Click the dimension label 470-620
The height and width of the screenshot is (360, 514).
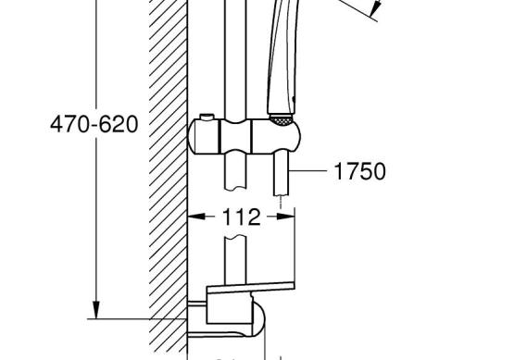pyautogui.click(x=94, y=124)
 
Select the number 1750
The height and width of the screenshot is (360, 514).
pyautogui.click(x=359, y=171)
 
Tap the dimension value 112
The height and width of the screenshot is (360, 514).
pyautogui.click(x=242, y=217)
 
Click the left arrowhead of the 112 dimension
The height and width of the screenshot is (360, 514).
pyautogui.click(x=196, y=217)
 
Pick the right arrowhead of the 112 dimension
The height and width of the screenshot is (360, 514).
pyautogui.click(x=286, y=217)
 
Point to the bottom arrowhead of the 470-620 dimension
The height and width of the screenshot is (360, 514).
pyautogui.click(x=96, y=309)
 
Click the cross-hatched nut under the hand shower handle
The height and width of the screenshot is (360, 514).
pyautogui.click(x=281, y=120)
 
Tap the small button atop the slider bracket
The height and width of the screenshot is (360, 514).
pyautogui.click(x=207, y=117)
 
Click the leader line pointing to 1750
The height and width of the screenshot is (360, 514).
pyautogui.click(x=307, y=170)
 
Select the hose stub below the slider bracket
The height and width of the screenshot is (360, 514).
pyautogui.click(x=282, y=174)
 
